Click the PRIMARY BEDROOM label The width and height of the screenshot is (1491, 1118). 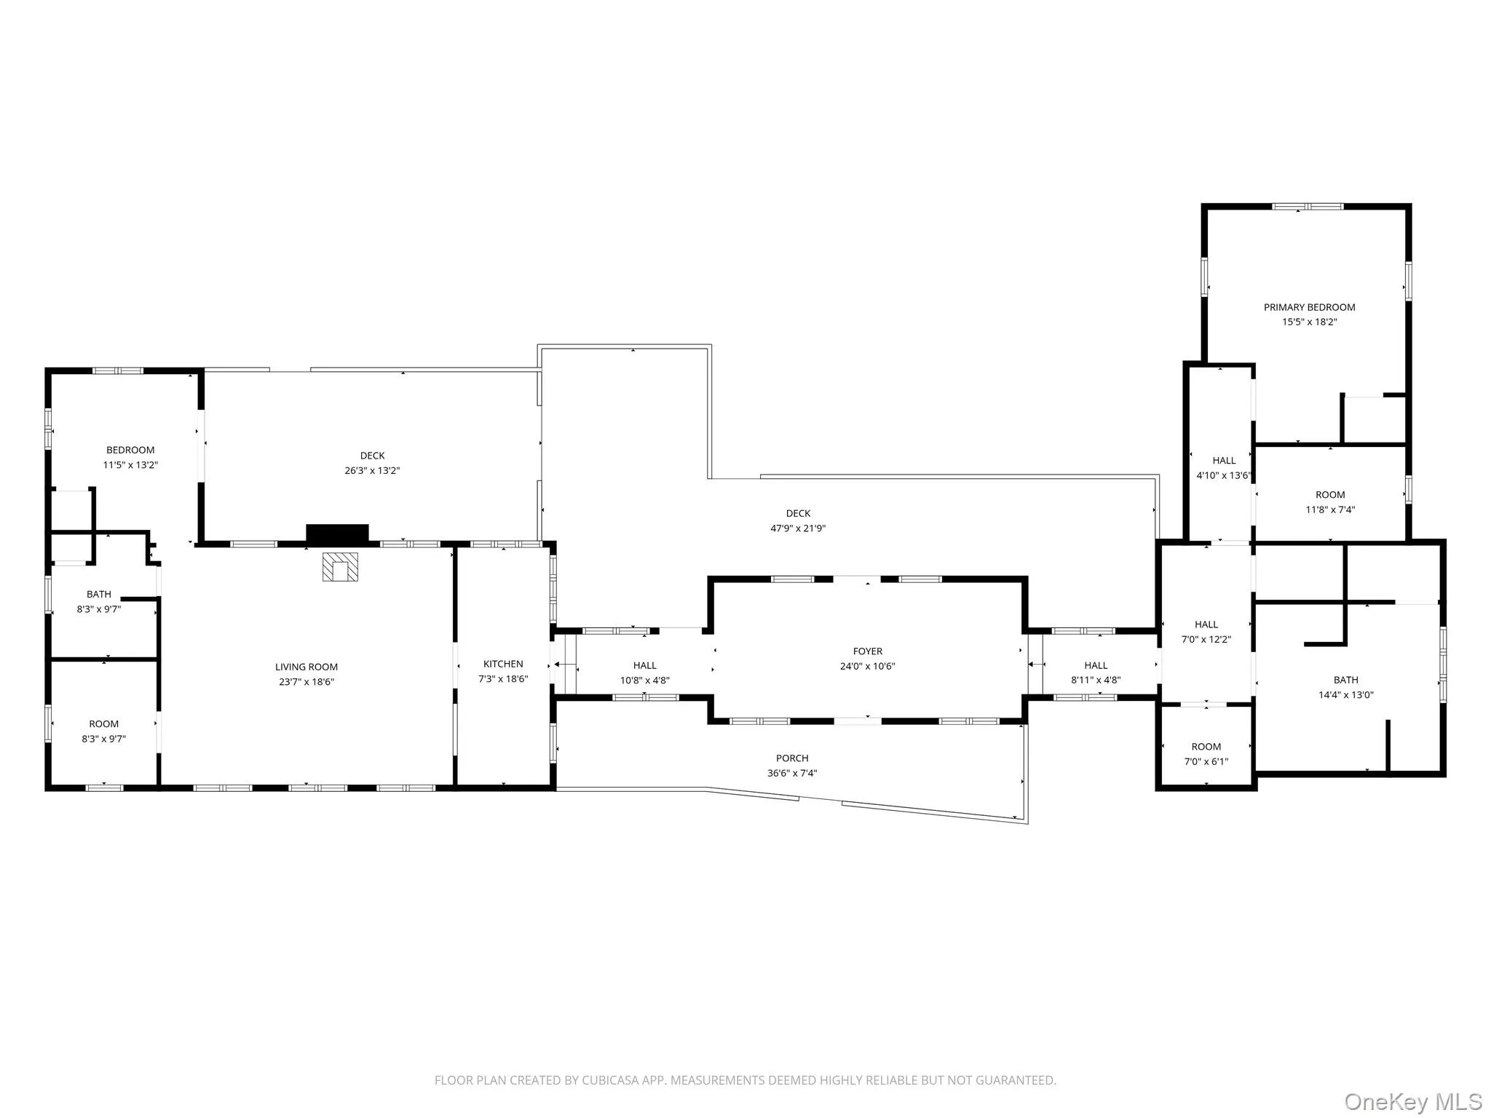click(1309, 307)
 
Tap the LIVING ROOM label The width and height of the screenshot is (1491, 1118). click(306, 667)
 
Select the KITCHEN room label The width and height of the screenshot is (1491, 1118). click(503, 664)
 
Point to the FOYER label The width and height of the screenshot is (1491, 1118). click(868, 651)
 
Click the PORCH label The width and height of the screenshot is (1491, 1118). click(792, 758)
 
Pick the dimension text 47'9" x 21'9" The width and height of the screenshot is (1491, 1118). click(798, 528)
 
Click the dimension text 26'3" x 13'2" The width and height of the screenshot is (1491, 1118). click(372, 470)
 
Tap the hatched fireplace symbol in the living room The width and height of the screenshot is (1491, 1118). click(341, 567)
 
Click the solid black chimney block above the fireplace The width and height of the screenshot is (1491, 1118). click(337, 534)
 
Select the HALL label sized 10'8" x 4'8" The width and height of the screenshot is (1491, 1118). click(645, 665)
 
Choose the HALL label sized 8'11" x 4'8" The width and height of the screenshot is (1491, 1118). click(1096, 665)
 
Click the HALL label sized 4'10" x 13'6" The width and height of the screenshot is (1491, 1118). click(1224, 460)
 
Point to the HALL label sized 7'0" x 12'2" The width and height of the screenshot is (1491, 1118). click(1206, 625)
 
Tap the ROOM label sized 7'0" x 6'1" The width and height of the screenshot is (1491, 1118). click(1206, 747)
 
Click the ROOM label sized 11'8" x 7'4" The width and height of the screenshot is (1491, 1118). click(1330, 495)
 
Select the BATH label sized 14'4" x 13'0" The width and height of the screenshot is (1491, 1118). click(1345, 680)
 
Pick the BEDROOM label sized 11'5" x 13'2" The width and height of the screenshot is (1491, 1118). click(130, 450)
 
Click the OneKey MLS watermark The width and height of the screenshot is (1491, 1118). click(1413, 1102)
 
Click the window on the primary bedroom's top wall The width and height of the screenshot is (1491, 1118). click(1307, 207)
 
